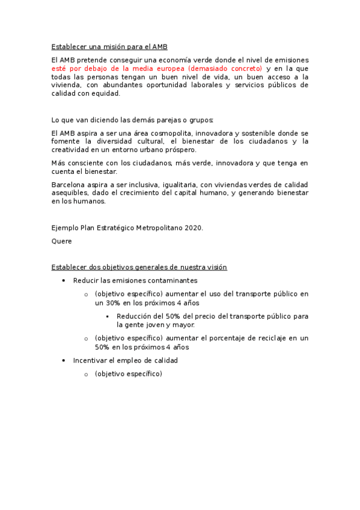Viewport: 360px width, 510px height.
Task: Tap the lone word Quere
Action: (x=62, y=241)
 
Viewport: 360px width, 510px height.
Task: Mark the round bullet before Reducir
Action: (x=64, y=281)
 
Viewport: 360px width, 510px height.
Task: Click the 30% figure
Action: (x=112, y=303)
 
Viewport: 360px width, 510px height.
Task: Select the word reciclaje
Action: (x=260, y=339)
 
